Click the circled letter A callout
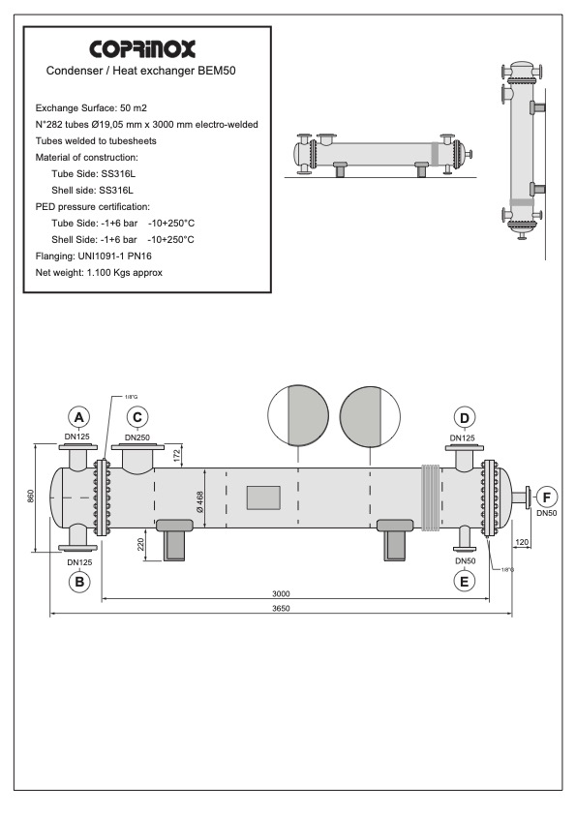click(x=82, y=417)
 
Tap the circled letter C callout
click(x=138, y=417)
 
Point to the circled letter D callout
click(x=466, y=417)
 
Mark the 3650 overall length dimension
click(x=282, y=609)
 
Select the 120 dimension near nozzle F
click(x=521, y=544)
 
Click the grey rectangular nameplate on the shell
click(x=263, y=497)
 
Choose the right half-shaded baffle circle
click(x=371, y=415)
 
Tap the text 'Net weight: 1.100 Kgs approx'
click(x=99, y=272)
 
